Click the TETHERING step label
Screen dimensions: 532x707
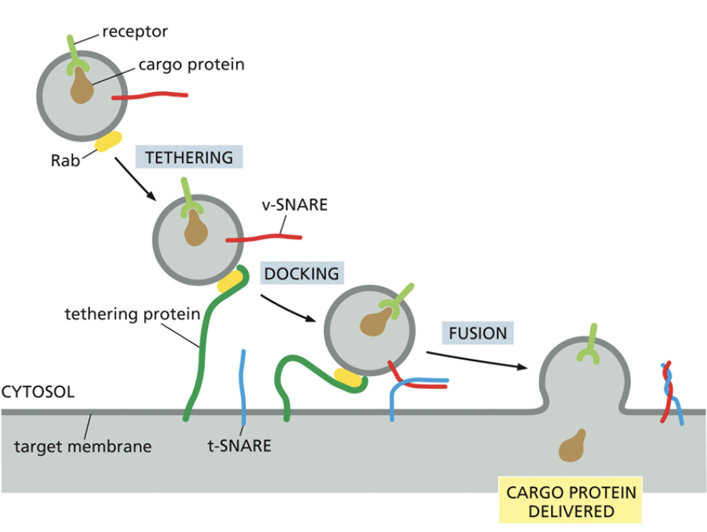point(188,157)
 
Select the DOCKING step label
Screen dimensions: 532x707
point(301,273)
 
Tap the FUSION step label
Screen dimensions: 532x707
point(478,332)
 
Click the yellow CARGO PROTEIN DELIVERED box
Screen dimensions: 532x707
point(571,501)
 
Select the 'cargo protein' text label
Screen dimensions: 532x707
point(191,65)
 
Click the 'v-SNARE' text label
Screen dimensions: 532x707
point(299,203)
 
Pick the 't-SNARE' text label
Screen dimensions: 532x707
point(239,445)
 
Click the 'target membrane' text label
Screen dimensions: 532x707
point(83,446)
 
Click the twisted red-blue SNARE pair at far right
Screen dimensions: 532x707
point(670,393)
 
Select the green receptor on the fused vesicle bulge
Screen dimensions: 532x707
point(589,347)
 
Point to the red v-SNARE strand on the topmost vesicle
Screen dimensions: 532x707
point(151,96)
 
